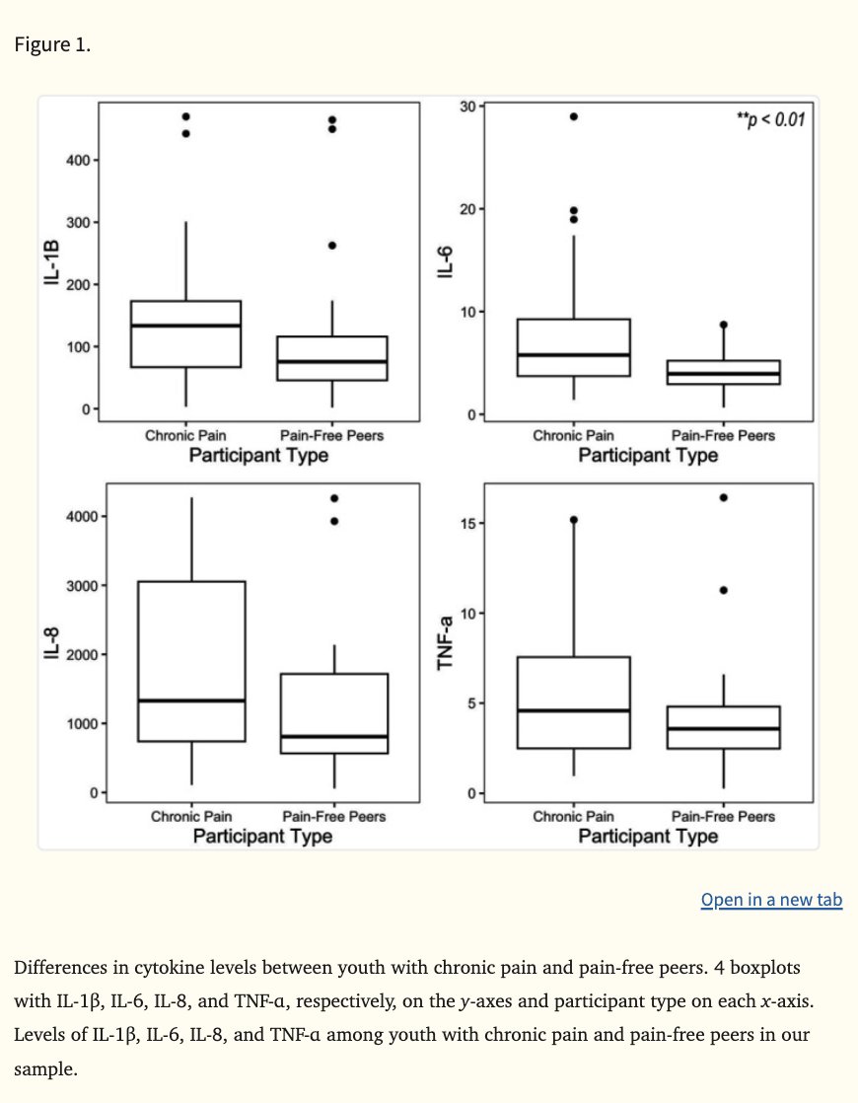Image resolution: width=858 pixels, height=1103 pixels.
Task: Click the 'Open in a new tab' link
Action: [771, 900]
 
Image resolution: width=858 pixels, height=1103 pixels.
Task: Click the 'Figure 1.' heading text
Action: [52, 45]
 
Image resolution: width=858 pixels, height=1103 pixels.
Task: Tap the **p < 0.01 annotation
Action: [770, 120]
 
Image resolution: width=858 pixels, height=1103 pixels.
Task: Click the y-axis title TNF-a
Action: [447, 641]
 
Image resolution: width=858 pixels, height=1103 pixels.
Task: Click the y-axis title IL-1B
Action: [52, 263]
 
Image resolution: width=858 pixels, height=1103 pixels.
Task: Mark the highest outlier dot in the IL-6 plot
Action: [573, 116]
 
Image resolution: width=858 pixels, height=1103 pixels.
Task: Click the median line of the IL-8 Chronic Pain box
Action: [191, 700]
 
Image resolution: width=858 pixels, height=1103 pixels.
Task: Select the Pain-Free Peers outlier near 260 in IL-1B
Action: [332, 246]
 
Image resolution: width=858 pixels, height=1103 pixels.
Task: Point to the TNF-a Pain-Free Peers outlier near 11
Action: [723, 590]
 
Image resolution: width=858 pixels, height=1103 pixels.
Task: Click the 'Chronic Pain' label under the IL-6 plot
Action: [573, 435]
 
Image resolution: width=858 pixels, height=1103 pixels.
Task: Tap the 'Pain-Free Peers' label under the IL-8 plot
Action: [333, 816]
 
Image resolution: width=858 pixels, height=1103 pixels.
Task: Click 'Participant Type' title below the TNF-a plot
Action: [648, 837]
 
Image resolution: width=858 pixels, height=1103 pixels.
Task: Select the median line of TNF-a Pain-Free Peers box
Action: [723, 728]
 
